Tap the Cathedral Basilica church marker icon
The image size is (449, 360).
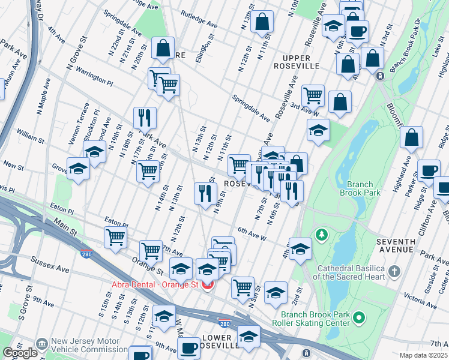pyautogui.click(x=394, y=272)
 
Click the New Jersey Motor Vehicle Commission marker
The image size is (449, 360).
pyautogui.click(x=41, y=344)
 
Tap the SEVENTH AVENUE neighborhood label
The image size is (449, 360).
pyautogui.click(x=396, y=245)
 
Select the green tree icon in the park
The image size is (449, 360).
pyautogui.click(x=322, y=233)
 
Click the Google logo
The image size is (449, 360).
pyautogui.click(x=20, y=353)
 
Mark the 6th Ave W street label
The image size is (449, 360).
pyautogui.click(x=252, y=233)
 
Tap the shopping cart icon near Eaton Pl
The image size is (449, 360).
pyautogui.click(x=115, y=236)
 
